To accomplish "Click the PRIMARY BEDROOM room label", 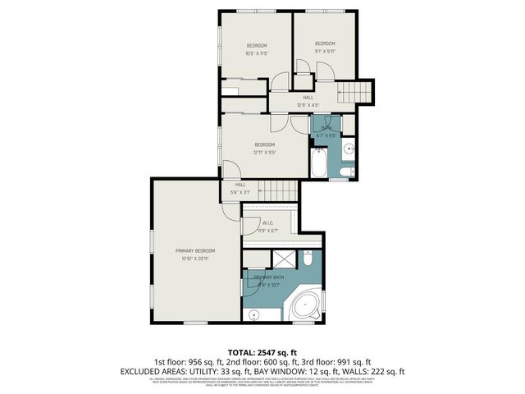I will pos(194,250).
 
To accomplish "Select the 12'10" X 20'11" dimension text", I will pos(194,259).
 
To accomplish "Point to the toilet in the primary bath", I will pos(308,259).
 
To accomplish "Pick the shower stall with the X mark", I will pos(284,260).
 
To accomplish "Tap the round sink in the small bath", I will pos(348,149).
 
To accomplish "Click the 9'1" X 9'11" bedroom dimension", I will pos(325,51).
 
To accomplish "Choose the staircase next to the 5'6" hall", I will pos(280,192).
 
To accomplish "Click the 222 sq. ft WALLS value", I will pos(389,370).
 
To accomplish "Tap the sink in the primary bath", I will pos(255,313).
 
